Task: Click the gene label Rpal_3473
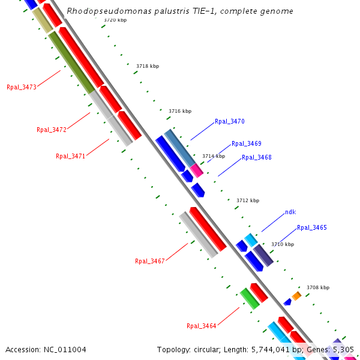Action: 22,88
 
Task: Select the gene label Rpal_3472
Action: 52,130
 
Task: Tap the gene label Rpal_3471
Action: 70,156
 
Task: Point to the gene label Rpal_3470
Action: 230,121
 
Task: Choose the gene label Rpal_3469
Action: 246,143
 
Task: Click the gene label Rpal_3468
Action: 257,157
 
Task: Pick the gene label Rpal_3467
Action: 149,261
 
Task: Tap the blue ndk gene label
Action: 290,212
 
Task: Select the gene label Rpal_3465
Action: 311,227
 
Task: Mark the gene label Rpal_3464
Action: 201,326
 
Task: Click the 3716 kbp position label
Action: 180,111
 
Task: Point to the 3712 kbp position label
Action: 248,200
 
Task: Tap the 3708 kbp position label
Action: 318,287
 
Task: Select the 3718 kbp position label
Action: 148,65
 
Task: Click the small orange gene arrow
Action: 296,296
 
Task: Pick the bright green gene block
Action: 249,298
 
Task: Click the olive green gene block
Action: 71,62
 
